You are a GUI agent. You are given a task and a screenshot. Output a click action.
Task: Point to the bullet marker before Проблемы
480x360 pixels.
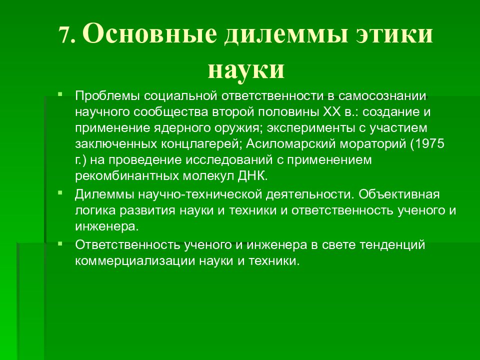60,93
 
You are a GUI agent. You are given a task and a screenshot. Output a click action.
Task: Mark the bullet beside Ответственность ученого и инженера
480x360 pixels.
60,243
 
